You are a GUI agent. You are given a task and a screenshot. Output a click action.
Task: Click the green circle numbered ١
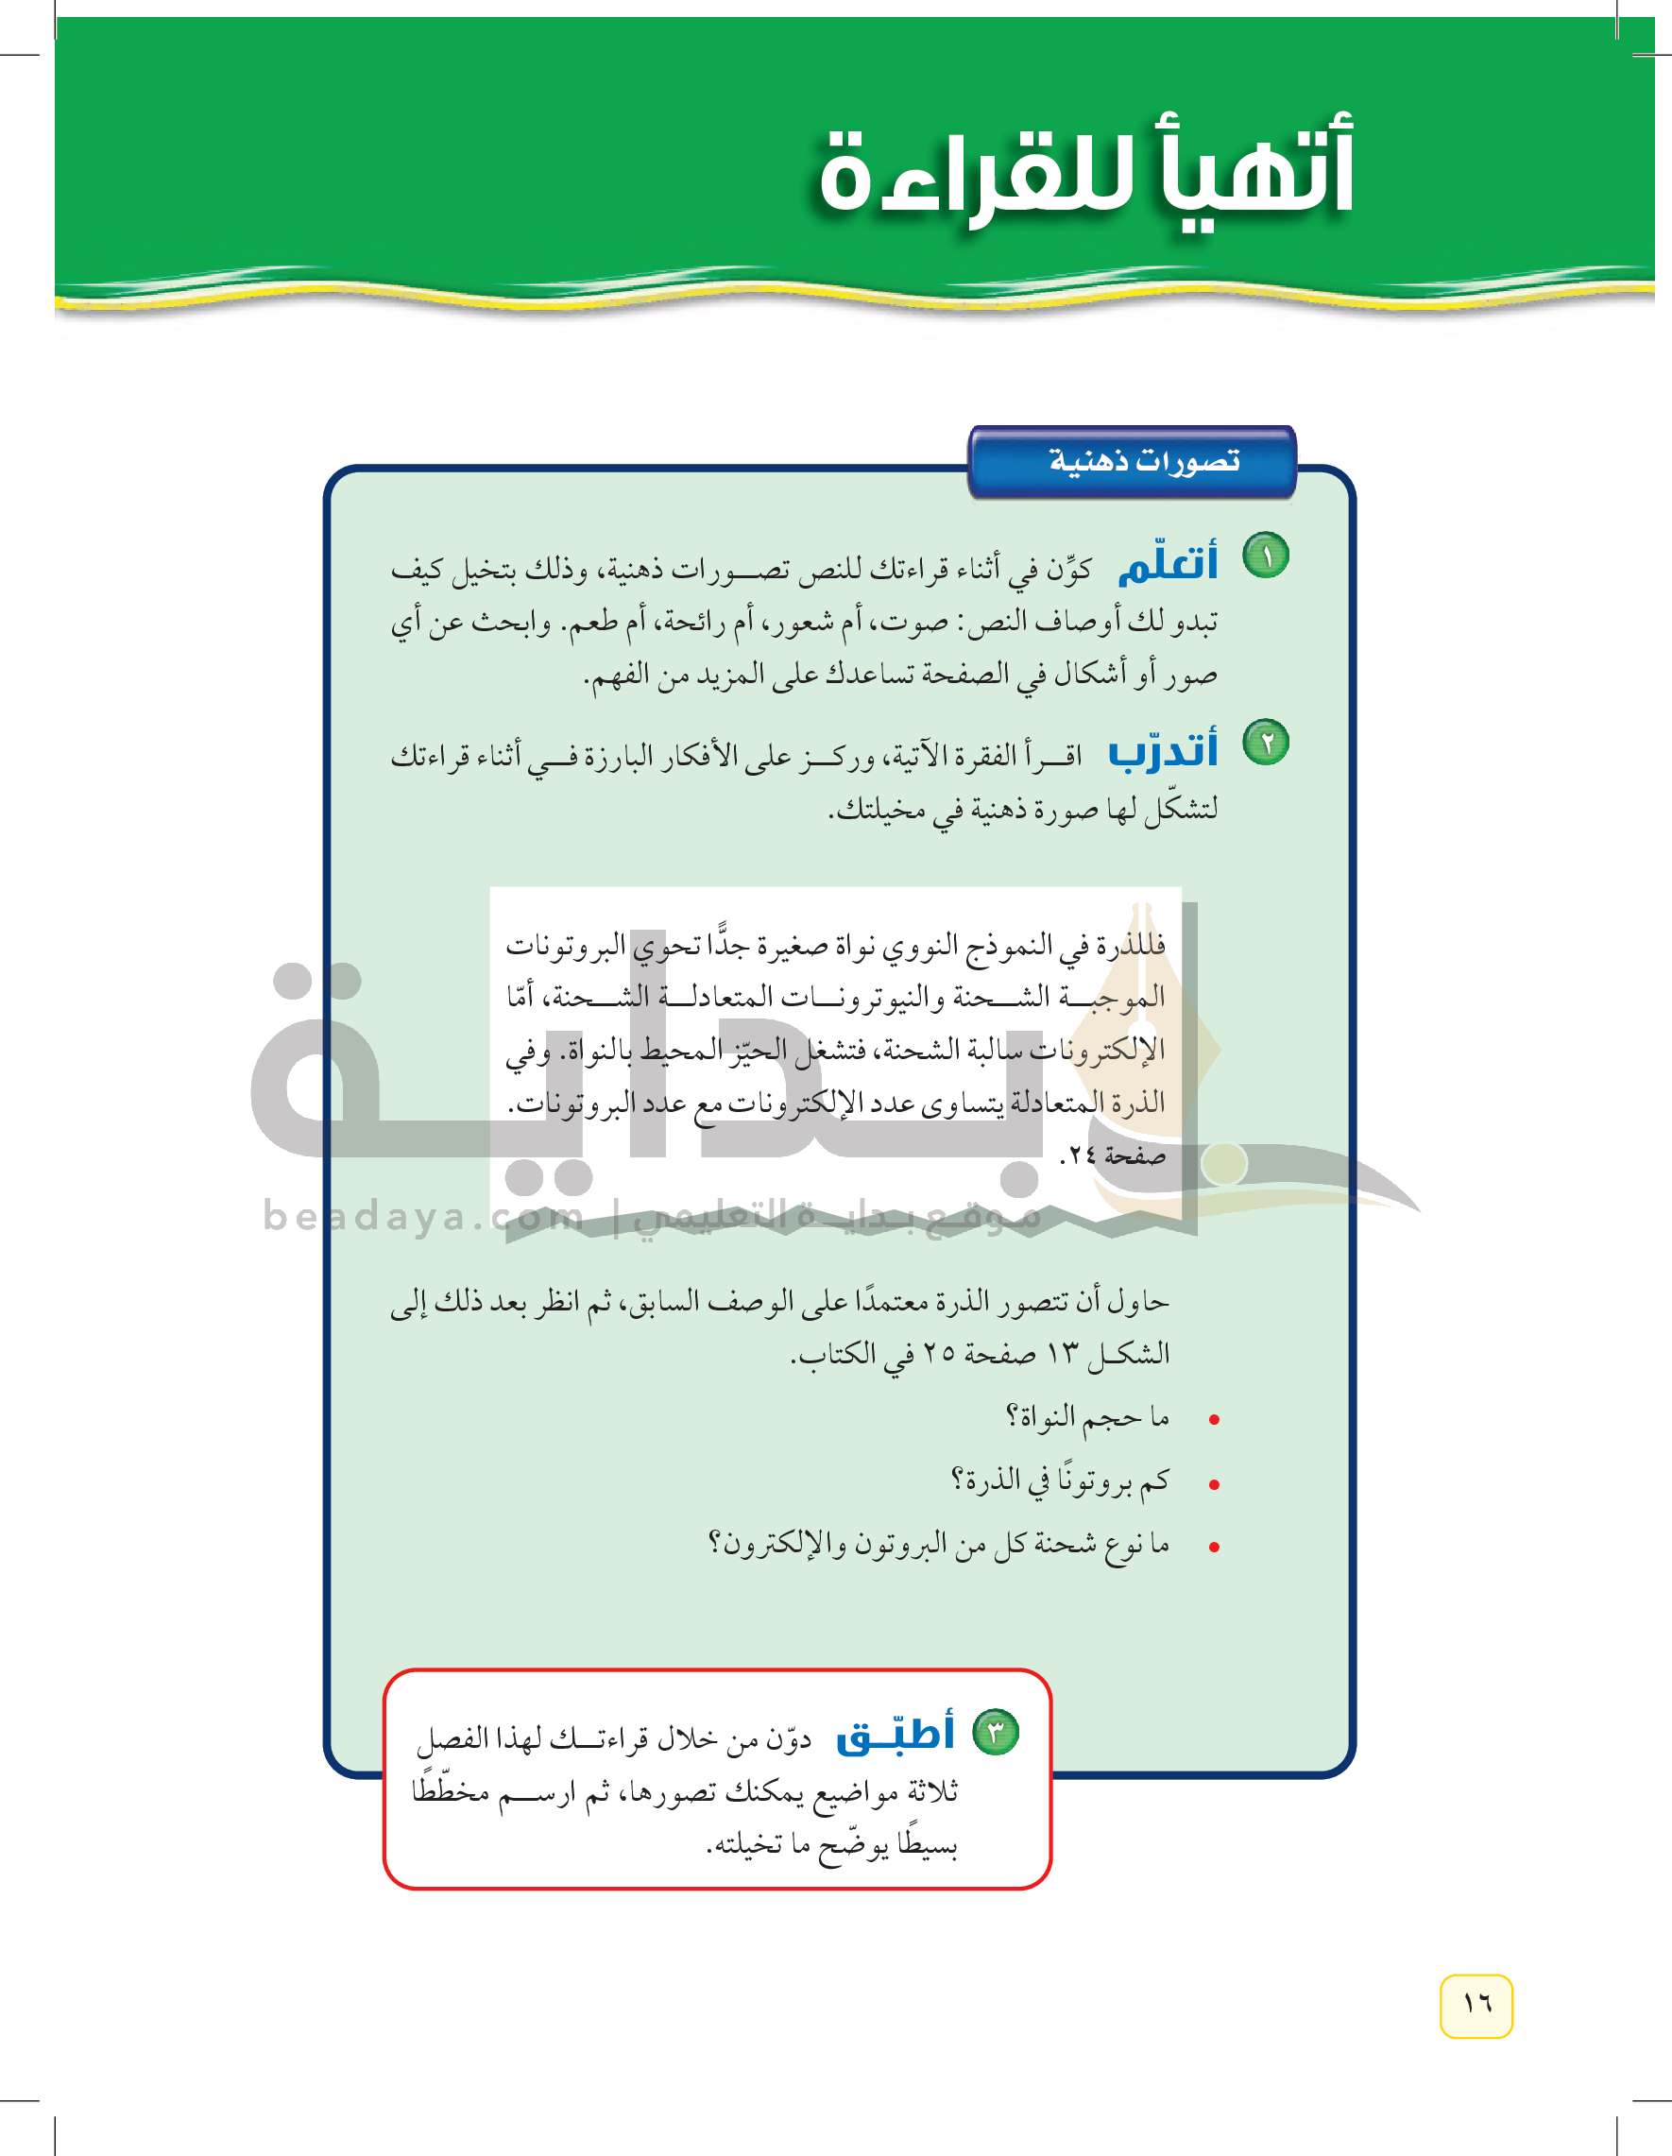pos(1266,556)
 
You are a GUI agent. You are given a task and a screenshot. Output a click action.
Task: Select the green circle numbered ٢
pos(1266,743)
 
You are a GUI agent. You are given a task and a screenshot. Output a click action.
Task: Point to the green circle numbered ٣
pos(996,1732)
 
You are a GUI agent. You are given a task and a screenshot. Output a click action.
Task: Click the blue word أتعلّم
pos(1168,564)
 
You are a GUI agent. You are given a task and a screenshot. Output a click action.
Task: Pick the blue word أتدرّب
pos(1163,751)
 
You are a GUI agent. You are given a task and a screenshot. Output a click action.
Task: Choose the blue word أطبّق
pos(896,1735)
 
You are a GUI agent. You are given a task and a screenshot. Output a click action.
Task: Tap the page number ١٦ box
pos(1476,2005)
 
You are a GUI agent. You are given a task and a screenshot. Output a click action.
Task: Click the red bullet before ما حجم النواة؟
pos(1214,1420)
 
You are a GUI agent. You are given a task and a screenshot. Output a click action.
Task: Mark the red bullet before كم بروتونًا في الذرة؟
pos(1214,1483)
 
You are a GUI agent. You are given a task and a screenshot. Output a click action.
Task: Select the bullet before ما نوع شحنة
pos(1214,1547)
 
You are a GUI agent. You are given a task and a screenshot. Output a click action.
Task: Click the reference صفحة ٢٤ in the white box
pos(1113,1155)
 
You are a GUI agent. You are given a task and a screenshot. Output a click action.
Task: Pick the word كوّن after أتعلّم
pos(1069,569)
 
